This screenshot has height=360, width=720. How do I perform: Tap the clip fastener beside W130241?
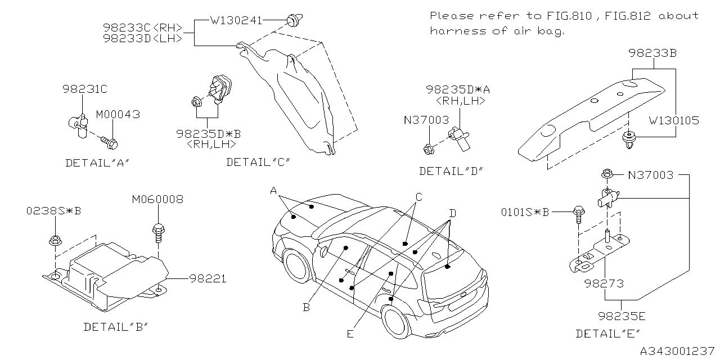click(292, 21)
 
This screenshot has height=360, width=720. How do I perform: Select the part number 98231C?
click(84, 89)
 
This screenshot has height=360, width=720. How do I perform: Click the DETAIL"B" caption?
click(115, 327)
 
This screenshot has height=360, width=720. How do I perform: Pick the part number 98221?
click(208, 278)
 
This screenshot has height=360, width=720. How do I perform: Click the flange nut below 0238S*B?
click(55, 239)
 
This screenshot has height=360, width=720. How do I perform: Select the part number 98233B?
click(652, 53)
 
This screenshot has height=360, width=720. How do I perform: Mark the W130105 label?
click(674, 121)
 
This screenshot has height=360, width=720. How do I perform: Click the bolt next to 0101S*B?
click(578, 213)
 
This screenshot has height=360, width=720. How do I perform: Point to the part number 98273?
click(604, 284)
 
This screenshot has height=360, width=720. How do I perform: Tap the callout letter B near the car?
click(307, 307)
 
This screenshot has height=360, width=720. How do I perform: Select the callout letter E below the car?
click(350, 334)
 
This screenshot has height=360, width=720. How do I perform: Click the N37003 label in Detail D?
click(426, 120)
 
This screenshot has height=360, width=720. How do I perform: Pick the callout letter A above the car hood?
click(273, 191)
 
